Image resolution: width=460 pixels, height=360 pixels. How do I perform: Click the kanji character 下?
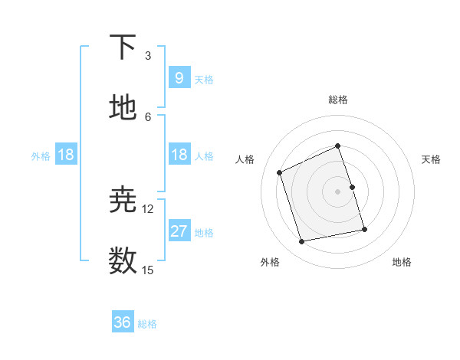(x=123, y=47)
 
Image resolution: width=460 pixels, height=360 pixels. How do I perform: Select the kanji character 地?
(x=123, y=107)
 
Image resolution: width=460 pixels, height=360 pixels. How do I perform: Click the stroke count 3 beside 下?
(x=148, y=56)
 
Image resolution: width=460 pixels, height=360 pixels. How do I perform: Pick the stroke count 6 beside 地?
(x=148, y=116)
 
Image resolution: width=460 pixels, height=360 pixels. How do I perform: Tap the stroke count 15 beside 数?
(x=148, y=270)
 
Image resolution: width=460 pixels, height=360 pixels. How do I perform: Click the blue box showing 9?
(x=179, y=77)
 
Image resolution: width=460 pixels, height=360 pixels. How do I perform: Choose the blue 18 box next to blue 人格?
(x=179, y=155)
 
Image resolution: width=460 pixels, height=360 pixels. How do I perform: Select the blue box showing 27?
(x=179, y=231)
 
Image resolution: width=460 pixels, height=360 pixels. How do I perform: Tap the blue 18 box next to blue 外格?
(x=66, y=155)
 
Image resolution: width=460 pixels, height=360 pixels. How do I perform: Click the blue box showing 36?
(x=123, y=322)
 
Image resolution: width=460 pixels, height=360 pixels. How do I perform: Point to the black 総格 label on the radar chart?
(x=338, y=100)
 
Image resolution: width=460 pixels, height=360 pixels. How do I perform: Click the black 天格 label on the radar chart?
(x=432, y=159)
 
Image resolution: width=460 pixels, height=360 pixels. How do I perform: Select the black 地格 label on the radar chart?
(x=402, y=262)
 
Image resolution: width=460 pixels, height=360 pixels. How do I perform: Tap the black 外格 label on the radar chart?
(x=270, y=262)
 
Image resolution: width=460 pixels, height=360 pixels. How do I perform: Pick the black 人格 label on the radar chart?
(x=245, y=159)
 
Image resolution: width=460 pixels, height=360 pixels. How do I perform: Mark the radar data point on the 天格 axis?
(x=352, y=187)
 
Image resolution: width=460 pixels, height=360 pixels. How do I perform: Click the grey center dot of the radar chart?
(x=338, y=191)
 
